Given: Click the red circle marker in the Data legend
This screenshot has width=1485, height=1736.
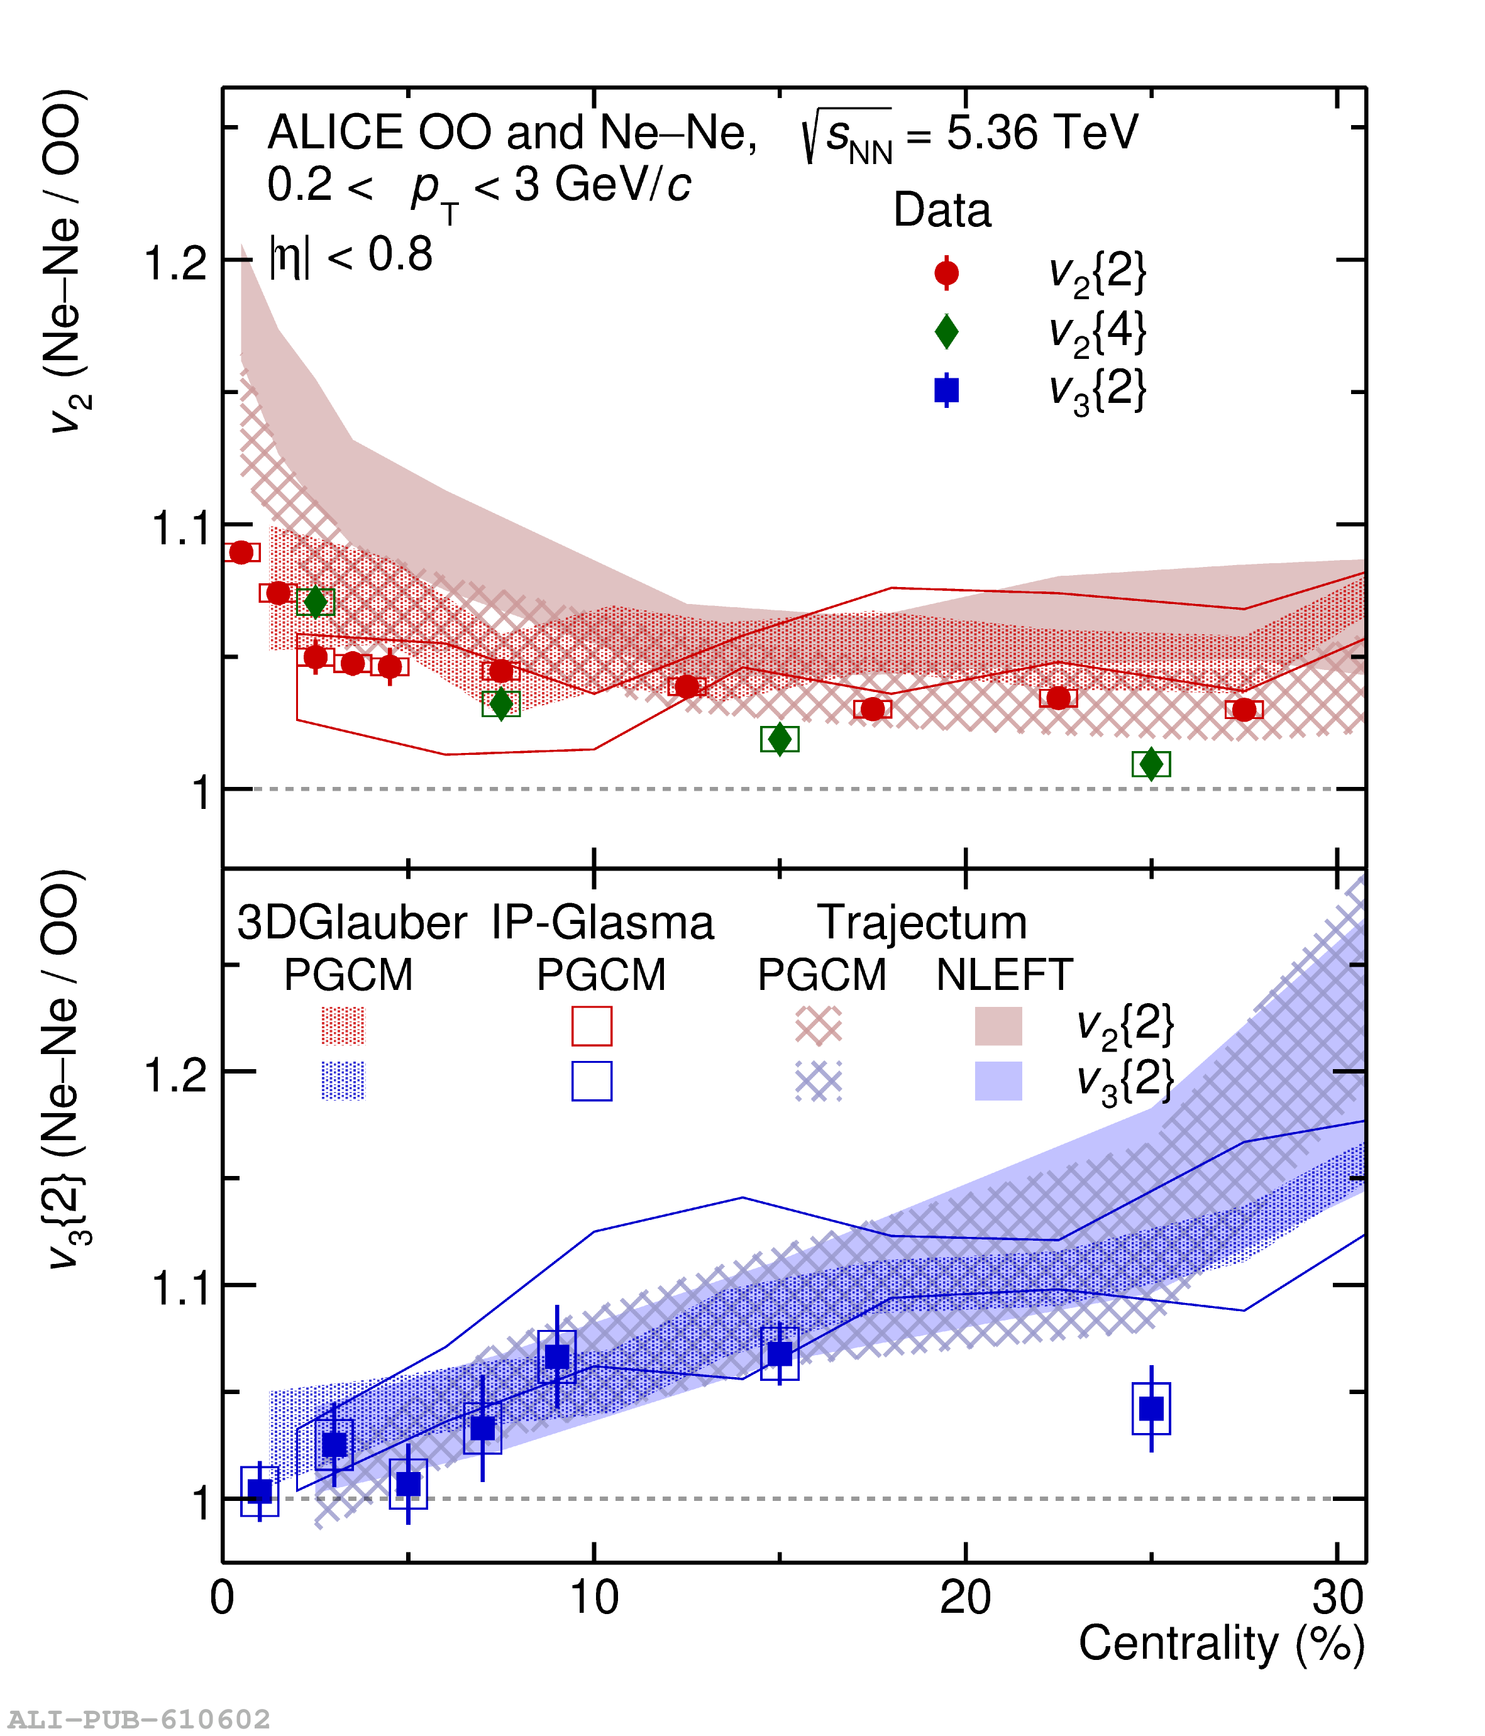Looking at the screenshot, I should pos(946,273).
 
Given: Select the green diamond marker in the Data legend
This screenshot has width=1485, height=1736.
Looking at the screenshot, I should pos(946,332).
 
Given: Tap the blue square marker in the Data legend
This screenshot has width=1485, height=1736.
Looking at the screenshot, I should pos(946,390).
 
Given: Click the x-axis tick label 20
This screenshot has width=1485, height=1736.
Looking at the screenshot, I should pos(966,1597).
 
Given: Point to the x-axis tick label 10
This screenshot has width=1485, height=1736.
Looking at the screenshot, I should pos(594,1597).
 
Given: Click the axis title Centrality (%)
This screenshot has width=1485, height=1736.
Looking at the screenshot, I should pos(1221,1643).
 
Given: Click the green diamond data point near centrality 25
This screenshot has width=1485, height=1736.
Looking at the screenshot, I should pos(1151,763).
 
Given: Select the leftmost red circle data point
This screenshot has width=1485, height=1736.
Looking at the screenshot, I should pos(241,552).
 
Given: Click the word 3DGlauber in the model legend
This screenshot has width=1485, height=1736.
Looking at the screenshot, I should pos(351,923).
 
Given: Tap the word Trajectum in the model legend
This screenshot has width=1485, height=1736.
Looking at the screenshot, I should pos(922,923).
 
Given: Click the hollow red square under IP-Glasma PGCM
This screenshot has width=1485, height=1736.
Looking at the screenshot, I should pos(592,1026).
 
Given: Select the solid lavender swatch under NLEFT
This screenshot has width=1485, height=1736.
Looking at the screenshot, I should pos(998,1081).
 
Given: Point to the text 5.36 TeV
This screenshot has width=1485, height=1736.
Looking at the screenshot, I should pos(1042,133).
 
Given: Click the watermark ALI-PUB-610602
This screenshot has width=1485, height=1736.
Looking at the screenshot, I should pos(139,1719).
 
